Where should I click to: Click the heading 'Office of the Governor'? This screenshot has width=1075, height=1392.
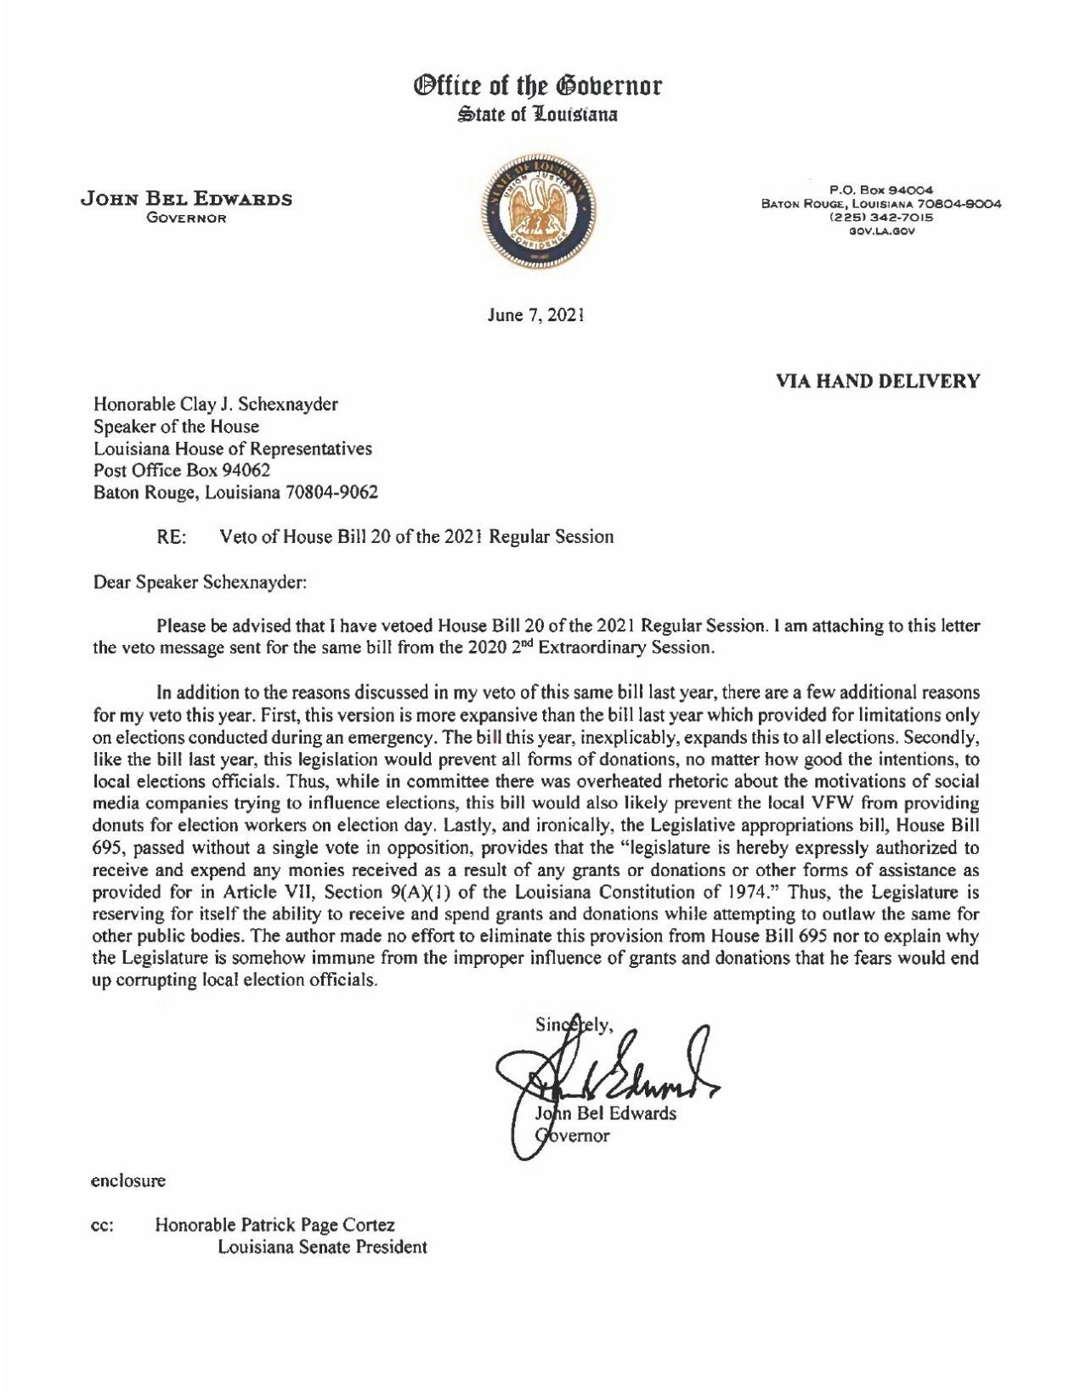click(x=537, y=87)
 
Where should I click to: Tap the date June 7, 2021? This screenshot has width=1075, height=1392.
click(x=536, y=315)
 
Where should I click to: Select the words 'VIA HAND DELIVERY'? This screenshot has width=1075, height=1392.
click(x=878, y=381)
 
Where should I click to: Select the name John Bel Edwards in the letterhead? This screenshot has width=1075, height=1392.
click(x=186, y=199)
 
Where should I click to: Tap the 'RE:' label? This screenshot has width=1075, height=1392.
click(x=171, y=536)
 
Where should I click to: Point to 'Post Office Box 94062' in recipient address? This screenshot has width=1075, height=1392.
click(x=182, y=469)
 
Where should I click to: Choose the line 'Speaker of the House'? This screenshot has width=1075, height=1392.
click(x=176, y=426)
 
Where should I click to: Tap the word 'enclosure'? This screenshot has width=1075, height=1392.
click(x=127, y=1180)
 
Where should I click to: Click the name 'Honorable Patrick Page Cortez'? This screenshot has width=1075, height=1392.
click(x=274, y=1225)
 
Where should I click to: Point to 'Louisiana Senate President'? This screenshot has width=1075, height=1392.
click(x=322, y=1248)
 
